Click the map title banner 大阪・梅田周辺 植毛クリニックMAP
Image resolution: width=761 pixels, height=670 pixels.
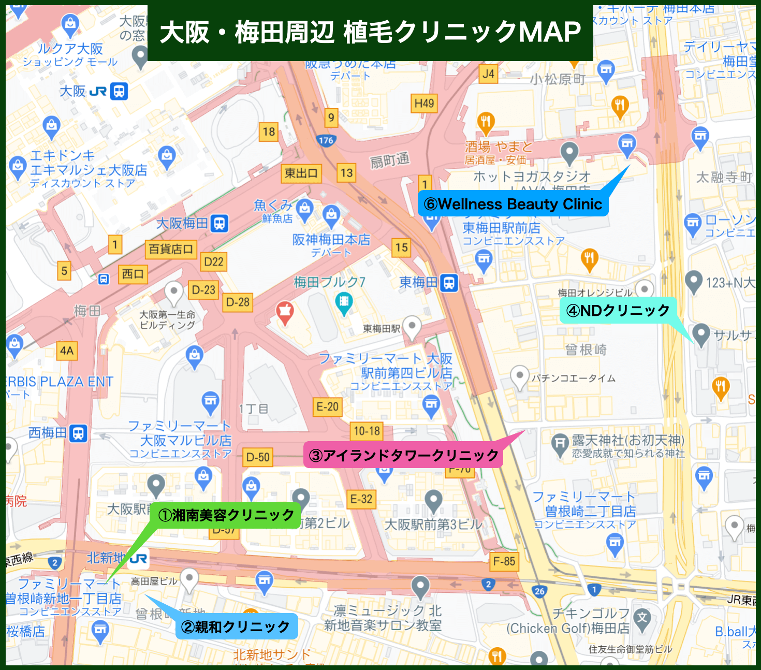(370, 33)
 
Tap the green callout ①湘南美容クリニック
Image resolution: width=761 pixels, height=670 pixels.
(226, 515)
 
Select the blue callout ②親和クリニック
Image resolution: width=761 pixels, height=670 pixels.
(237, 627)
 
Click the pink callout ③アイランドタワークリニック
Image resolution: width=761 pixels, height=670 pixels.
(403, 456)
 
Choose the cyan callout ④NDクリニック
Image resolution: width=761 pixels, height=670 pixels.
(618, 311)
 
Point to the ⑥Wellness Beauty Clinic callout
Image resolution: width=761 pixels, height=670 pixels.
(513, 204)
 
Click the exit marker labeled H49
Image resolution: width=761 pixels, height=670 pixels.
(424, 104)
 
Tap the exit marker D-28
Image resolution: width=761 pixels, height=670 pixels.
(238, 302)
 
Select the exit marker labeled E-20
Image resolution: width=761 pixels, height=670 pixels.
(327, 407)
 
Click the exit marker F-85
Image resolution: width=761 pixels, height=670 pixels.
(504, 561)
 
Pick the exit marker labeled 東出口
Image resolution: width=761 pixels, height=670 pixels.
(301, 173)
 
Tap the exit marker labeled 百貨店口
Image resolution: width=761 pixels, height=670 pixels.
(171, 249)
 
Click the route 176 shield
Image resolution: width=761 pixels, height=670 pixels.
(326, 140)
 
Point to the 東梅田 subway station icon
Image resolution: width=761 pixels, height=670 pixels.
(449, 283)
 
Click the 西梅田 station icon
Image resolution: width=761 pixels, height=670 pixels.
(78, 433)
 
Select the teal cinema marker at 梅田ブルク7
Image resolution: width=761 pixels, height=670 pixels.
(344, 302)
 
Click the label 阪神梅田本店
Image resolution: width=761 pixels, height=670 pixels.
(331, 240)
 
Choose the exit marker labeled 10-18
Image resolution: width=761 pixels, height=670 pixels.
(367, 431)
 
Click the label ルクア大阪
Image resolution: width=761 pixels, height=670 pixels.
(70, 49)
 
